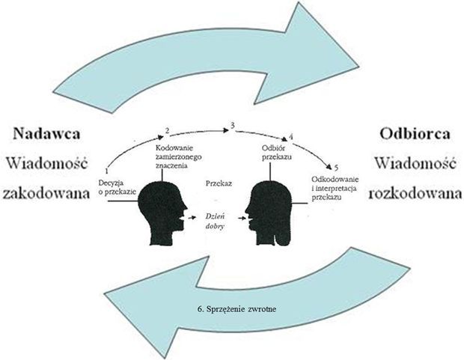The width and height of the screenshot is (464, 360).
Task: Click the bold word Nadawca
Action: (46, 133)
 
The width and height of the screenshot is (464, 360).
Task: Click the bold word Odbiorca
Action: (415, 133)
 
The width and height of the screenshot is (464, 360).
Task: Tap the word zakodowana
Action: (46, 194)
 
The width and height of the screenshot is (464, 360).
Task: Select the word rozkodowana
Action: (415, 194)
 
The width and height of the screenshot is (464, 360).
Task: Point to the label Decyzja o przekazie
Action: (117, 187)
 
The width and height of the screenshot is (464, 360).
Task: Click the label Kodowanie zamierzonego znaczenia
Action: (178, 156)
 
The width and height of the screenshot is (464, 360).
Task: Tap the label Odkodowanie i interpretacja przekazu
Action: (335, 188)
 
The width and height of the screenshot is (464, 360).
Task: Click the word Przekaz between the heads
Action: (219, 183)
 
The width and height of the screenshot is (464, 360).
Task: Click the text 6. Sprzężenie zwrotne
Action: (236, 309)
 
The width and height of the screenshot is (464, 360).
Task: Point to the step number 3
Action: (233, 126)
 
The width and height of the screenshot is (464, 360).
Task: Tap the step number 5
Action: (336, 168)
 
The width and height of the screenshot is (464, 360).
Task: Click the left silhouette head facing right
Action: (161, 212)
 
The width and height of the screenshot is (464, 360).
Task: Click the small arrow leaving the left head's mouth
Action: (192, 218)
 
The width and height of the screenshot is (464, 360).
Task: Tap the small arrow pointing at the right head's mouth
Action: (242, 219)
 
